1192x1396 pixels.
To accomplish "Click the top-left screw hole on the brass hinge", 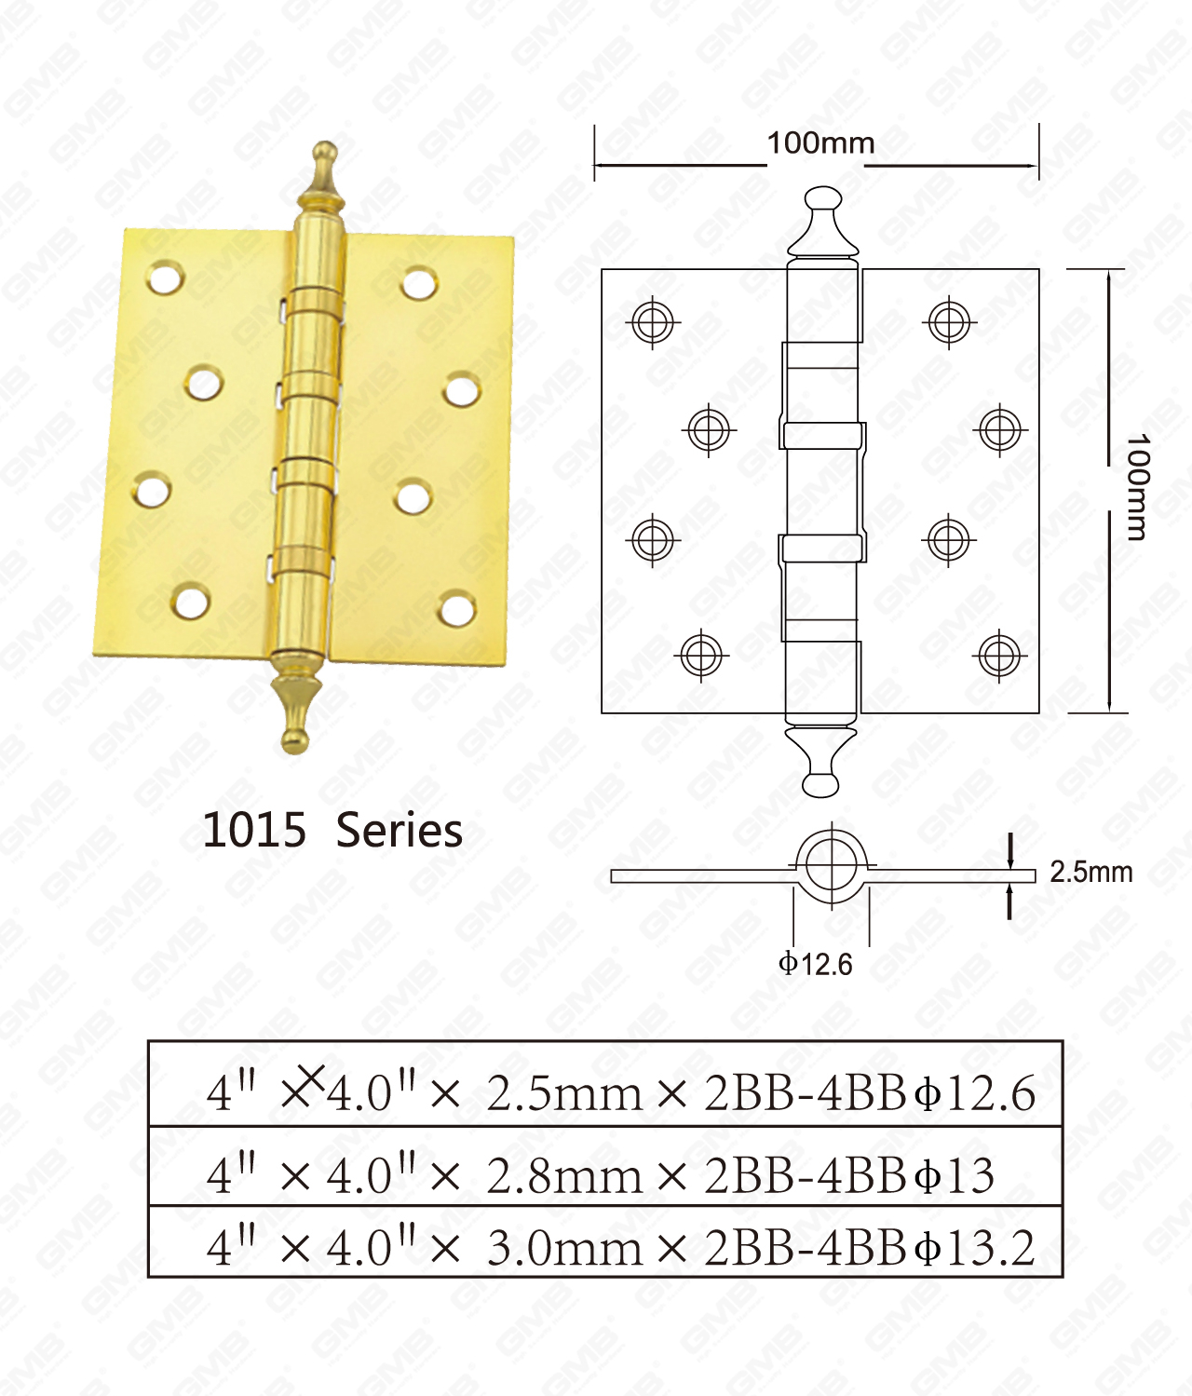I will (x=165, y=278).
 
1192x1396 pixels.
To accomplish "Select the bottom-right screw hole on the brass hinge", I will (x=456, y=609).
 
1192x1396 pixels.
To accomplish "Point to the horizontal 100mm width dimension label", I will (x=820, y=143).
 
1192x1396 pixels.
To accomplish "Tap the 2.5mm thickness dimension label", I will (x=1090, y=873).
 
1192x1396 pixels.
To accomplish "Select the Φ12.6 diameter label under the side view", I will (x=816, y=964).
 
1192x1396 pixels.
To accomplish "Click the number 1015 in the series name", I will (x=254, y=830).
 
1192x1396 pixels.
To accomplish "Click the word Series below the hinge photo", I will (x=399, y=830).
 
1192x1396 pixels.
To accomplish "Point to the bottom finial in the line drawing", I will (x=821, y=762).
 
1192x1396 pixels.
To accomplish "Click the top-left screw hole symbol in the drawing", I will (x=654, y=323).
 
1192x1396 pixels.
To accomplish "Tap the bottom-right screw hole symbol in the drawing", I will (x=999, y=656).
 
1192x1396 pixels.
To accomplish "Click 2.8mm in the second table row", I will (x=564, y=1176).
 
